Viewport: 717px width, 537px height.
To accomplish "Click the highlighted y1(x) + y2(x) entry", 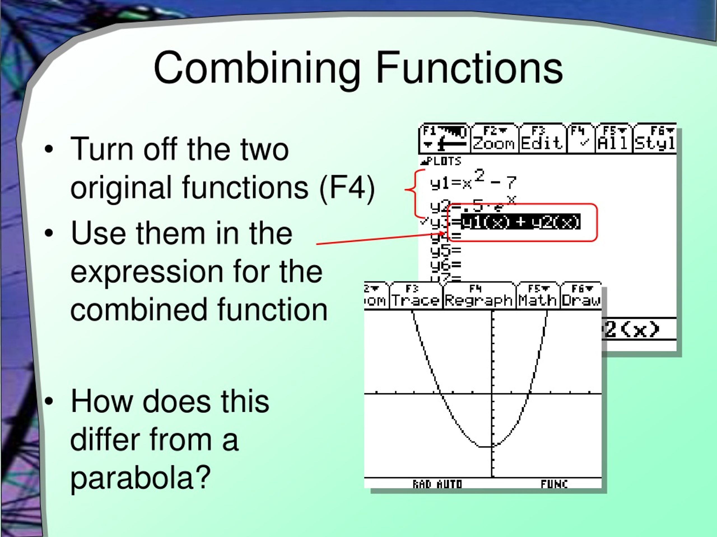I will tap(520, 222).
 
